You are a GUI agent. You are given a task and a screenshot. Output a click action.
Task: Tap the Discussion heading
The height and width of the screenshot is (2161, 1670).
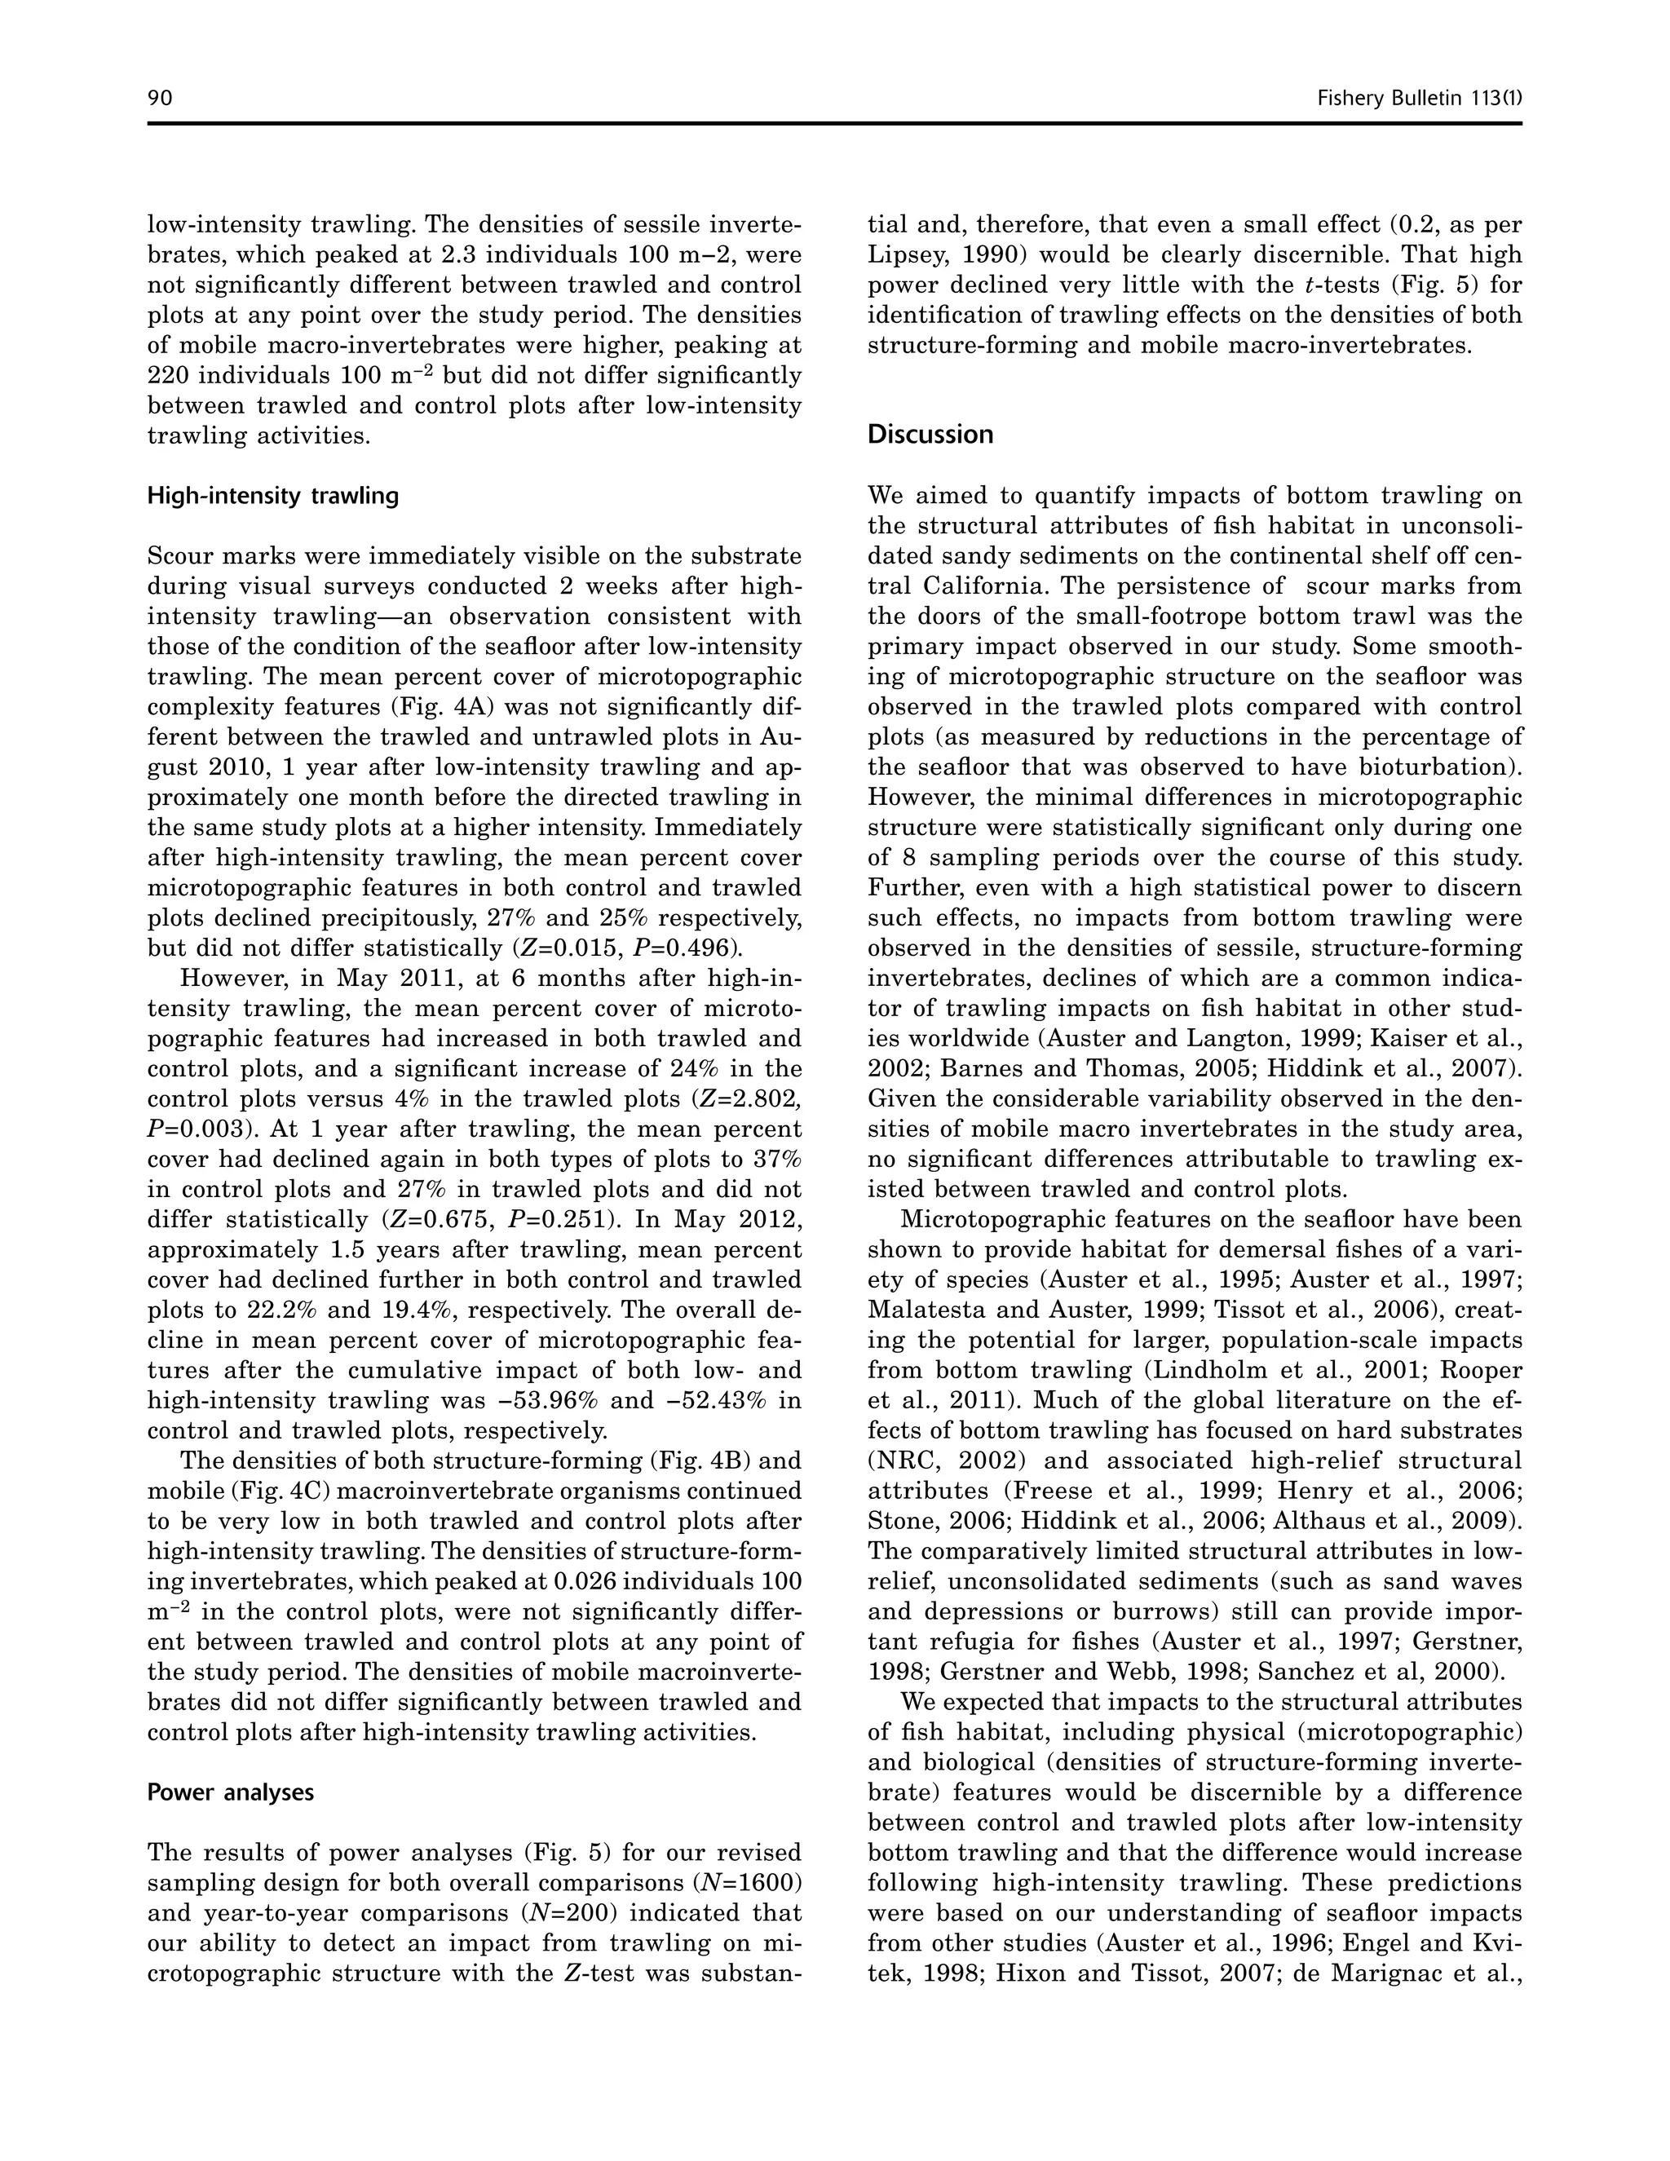coord(930,435)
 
